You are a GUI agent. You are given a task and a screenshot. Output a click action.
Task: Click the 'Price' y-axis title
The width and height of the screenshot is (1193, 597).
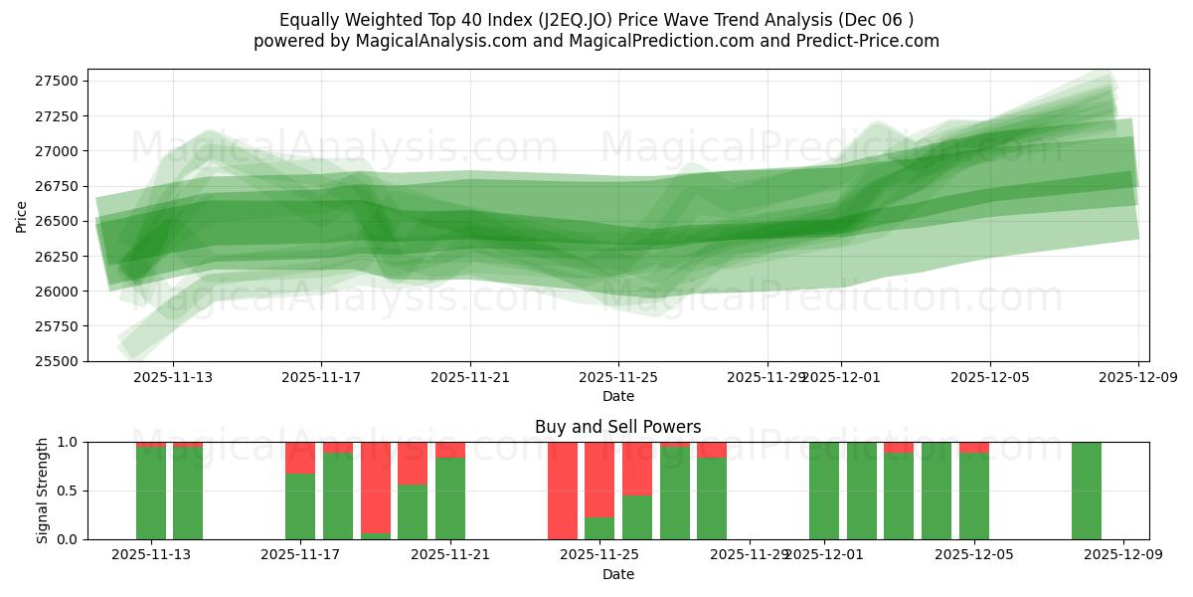(22, 215)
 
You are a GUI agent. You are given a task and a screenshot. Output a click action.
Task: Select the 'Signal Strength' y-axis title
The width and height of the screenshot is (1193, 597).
(43, 491)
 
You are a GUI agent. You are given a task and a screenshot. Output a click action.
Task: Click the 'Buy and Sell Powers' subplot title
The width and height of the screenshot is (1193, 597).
(617, 427)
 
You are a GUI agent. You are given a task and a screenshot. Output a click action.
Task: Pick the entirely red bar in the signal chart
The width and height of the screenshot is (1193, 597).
(563, 491)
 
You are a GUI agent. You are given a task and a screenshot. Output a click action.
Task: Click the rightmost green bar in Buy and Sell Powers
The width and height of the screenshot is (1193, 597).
(1087, 491)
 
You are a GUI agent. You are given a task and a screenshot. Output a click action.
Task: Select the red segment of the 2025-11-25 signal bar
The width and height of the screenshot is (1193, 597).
(599, 478)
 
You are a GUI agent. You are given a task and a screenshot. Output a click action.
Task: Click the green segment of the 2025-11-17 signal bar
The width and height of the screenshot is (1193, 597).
(300, 506)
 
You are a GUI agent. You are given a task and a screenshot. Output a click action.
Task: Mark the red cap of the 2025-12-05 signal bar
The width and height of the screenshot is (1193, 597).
(974, 448)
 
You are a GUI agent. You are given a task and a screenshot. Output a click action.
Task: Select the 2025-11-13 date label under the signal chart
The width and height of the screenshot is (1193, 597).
(151, 555)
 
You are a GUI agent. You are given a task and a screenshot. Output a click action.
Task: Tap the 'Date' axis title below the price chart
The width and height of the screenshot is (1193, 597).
(617, 396)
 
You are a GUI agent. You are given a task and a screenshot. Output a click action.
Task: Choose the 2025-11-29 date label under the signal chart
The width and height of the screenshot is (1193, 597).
(748, 555)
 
